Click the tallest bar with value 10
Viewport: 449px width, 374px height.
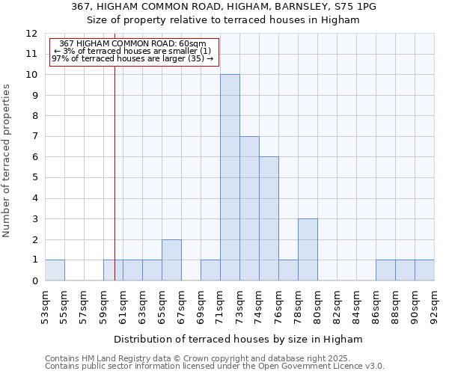point(230,177)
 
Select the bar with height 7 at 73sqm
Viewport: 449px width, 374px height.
point(249,209)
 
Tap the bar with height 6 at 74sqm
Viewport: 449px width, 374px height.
point(269,218)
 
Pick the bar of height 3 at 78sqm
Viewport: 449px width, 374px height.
point(308,249)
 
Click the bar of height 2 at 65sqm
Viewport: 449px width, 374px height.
point(171,260)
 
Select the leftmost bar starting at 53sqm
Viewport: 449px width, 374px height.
point(55,270)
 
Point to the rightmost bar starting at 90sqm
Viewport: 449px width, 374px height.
point(424,270)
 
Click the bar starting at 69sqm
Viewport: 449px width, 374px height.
point(210,270)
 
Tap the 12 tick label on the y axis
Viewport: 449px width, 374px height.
point(31,34)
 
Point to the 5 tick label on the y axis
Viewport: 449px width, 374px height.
point(34,178)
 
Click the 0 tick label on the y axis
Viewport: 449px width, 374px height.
point(34,281)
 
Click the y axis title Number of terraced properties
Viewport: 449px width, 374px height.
point(7,160)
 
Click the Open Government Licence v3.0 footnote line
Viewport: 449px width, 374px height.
point(215,367)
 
